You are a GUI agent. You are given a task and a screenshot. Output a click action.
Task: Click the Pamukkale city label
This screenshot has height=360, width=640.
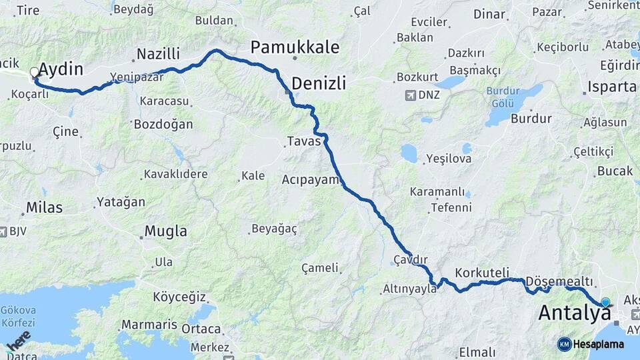295,47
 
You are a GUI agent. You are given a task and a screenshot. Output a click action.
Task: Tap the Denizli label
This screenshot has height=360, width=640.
319,83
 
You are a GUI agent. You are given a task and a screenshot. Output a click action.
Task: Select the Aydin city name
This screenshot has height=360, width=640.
61,69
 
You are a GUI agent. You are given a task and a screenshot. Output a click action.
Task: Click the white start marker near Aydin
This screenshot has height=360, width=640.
34,72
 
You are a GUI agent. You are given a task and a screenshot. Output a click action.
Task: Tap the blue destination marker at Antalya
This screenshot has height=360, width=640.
605,302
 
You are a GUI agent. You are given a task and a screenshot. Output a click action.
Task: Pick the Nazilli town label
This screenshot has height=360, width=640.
158,54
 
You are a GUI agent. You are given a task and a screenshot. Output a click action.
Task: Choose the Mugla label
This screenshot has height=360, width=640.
167,232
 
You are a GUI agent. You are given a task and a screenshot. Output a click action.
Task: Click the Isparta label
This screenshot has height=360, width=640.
611,87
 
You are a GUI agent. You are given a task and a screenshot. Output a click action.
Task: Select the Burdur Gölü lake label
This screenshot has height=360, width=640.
503,97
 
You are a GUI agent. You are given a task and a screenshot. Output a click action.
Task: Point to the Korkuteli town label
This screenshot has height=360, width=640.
482,273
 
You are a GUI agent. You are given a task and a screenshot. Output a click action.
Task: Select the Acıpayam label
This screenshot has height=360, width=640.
311,179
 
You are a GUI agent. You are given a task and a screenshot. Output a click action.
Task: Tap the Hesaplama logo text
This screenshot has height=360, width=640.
599,344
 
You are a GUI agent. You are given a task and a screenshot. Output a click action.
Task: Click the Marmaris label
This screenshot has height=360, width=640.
149,325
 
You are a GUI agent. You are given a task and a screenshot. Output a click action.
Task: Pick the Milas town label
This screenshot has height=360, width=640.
44,207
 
